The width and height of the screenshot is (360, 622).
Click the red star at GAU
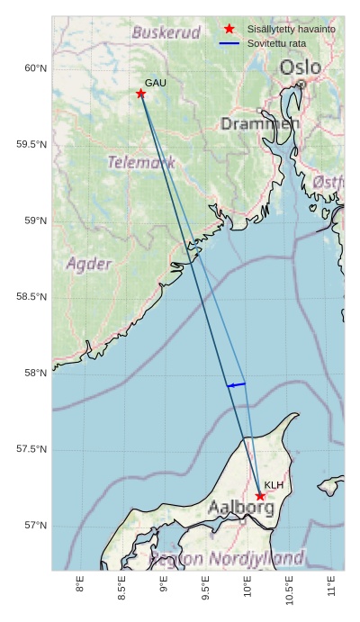141,94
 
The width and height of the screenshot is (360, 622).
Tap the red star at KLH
260,496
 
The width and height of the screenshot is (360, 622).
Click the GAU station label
156,83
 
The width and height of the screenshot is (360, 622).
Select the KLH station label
274,485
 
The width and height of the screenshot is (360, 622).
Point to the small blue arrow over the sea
236,385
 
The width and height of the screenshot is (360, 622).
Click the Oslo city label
299,68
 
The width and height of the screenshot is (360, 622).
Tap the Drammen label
260,123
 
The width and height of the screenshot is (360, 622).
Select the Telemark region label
141,163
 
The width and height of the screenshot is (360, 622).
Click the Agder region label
89,264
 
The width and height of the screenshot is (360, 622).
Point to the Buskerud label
166,32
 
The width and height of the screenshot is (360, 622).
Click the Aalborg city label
241,508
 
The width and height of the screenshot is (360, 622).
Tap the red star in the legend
229,30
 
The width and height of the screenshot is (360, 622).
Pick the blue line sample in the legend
229,43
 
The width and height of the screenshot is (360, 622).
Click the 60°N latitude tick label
35,68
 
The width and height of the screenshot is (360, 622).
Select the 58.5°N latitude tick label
31,297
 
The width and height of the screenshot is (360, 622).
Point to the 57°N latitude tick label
35,526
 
